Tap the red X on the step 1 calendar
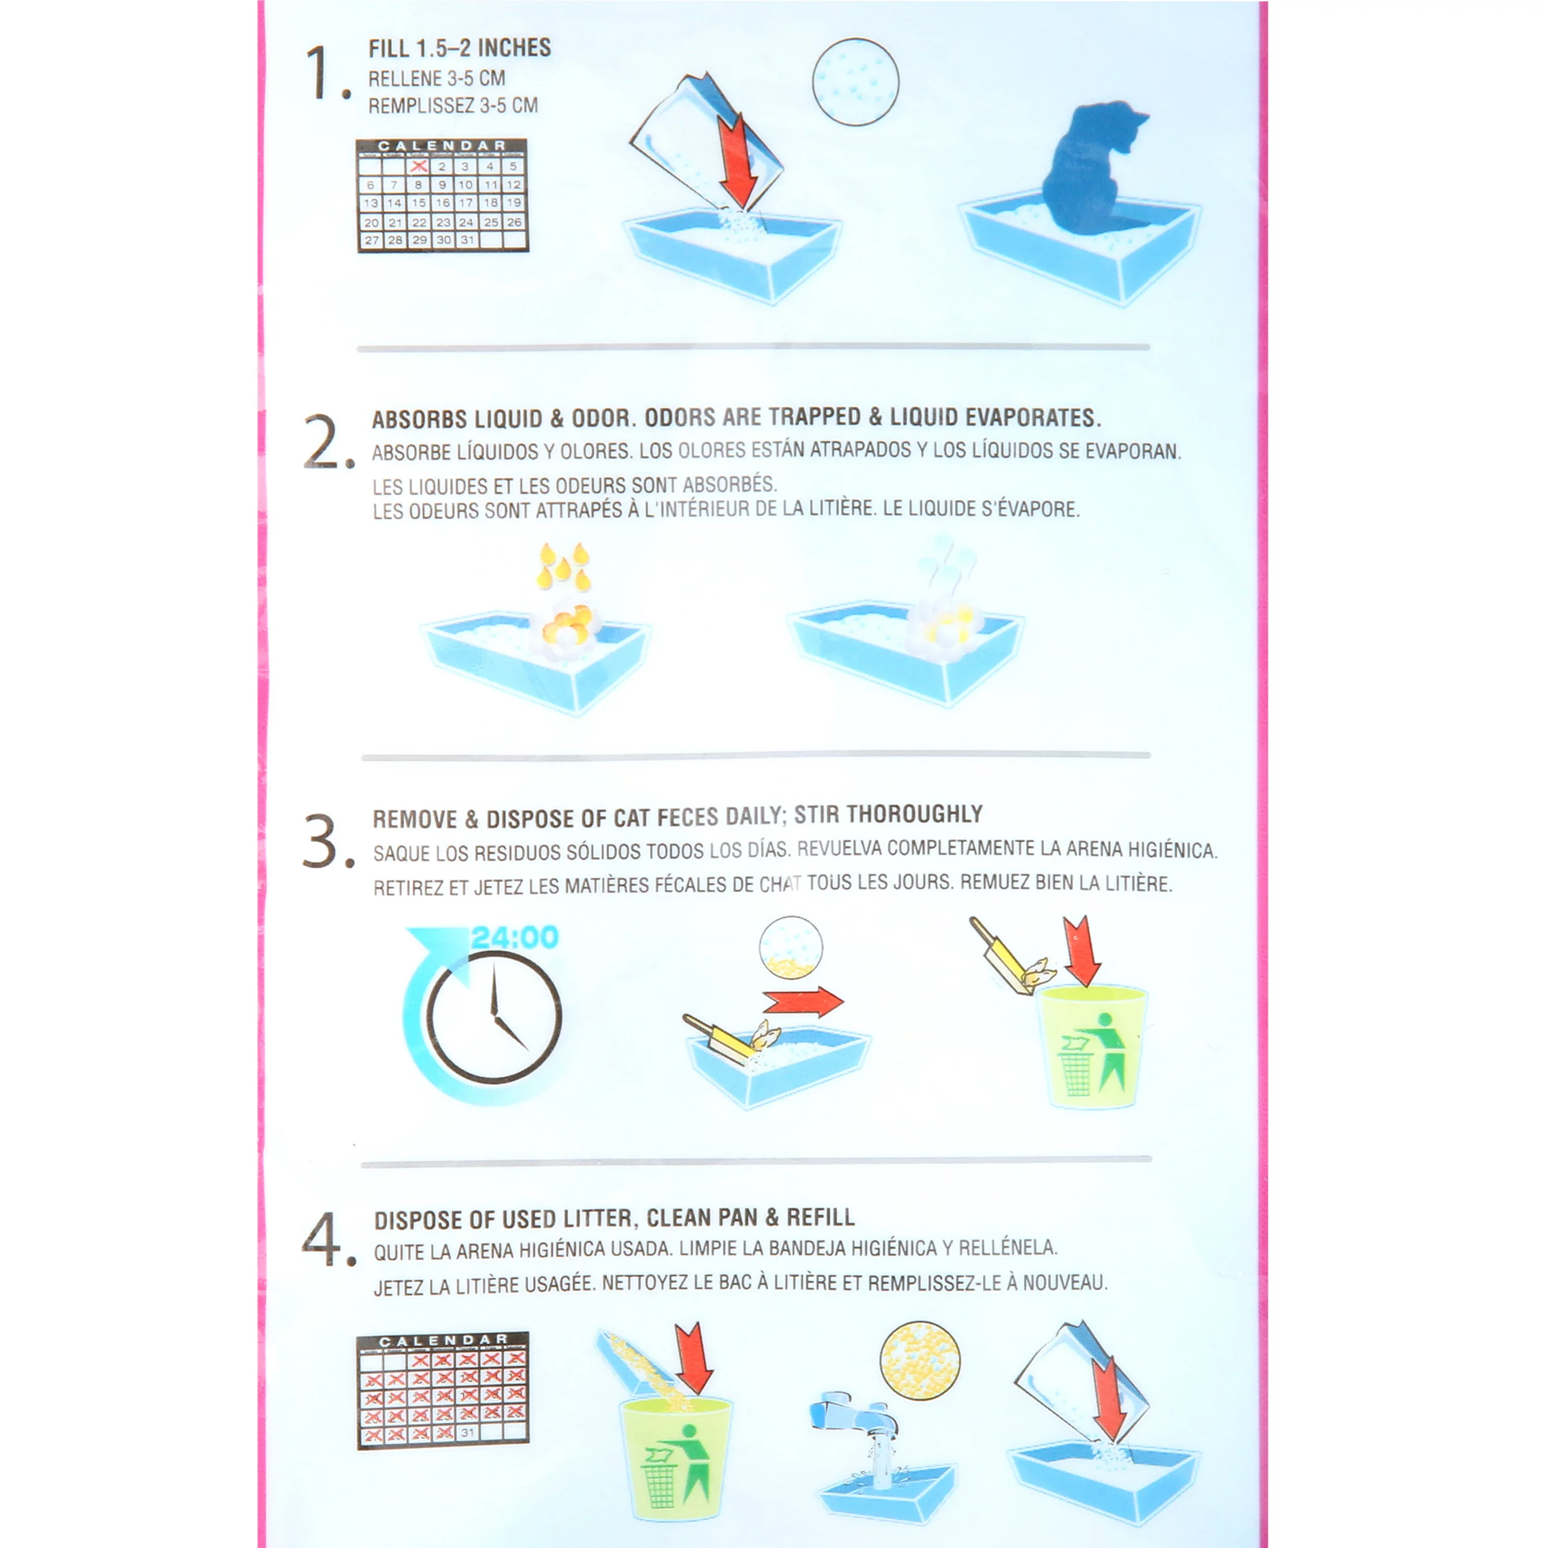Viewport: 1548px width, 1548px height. (x=417, y=166)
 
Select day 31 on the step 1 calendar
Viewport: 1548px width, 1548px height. (x=467, y=240)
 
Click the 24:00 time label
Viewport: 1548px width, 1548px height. (x=515, y=937)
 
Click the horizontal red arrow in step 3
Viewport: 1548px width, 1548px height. (x=803, y=1001)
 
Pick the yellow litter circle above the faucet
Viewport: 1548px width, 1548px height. (x=920, y=1360)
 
